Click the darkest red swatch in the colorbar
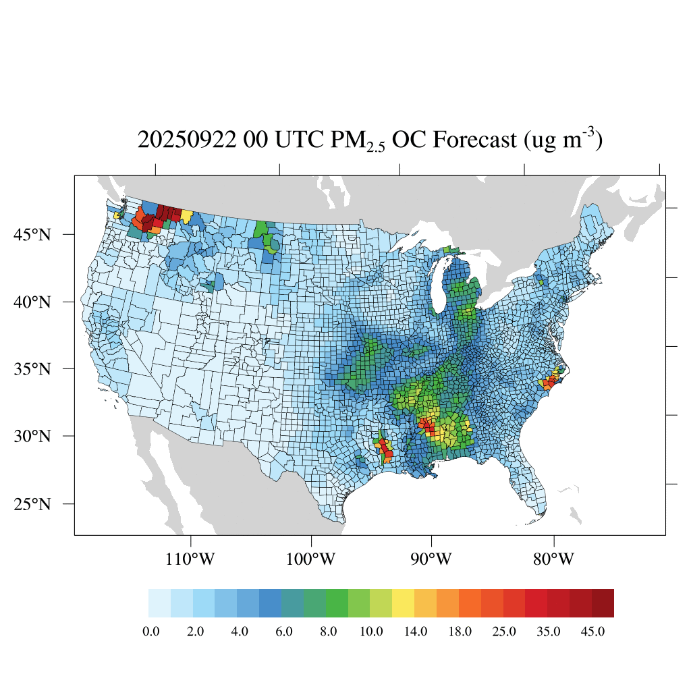[603, 603]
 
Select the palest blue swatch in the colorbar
[159, 603]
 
